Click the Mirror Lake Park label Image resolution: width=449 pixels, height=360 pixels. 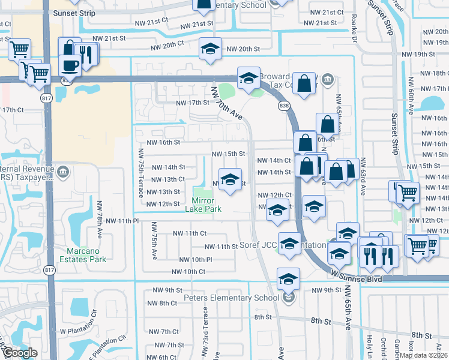click(206, 205)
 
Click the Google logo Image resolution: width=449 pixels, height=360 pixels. click(20, 353)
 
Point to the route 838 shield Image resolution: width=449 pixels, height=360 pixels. click(284, 106)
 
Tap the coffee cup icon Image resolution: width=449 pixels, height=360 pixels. click(70, 65)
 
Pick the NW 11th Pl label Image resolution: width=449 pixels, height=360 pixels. click(122, 221)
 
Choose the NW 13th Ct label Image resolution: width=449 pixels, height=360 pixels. click(168, 179)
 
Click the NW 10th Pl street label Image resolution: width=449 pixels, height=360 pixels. click(196, 259)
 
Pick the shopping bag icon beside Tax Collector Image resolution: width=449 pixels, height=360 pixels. click(305, 85)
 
